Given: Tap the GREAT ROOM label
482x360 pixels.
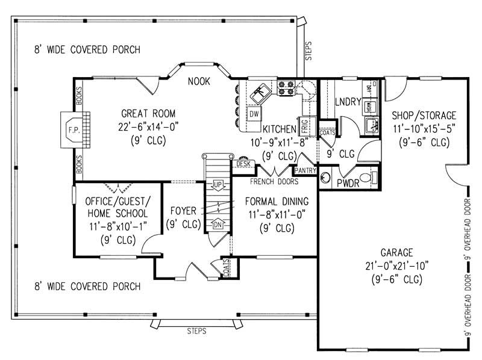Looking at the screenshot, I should point(148,113).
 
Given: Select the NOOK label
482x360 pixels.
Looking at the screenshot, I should point(198,81).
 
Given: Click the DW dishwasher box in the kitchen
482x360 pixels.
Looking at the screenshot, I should point(254,114).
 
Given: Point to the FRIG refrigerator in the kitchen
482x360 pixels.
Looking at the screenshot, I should point(305,125).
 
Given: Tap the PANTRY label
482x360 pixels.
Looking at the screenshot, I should point(305,170).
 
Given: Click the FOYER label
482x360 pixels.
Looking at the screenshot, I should point(182,212).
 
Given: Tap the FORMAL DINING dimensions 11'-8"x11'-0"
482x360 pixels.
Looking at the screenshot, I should point(277,215).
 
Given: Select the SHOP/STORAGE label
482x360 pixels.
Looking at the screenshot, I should point(424,115).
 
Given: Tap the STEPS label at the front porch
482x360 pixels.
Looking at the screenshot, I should point(196,331).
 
